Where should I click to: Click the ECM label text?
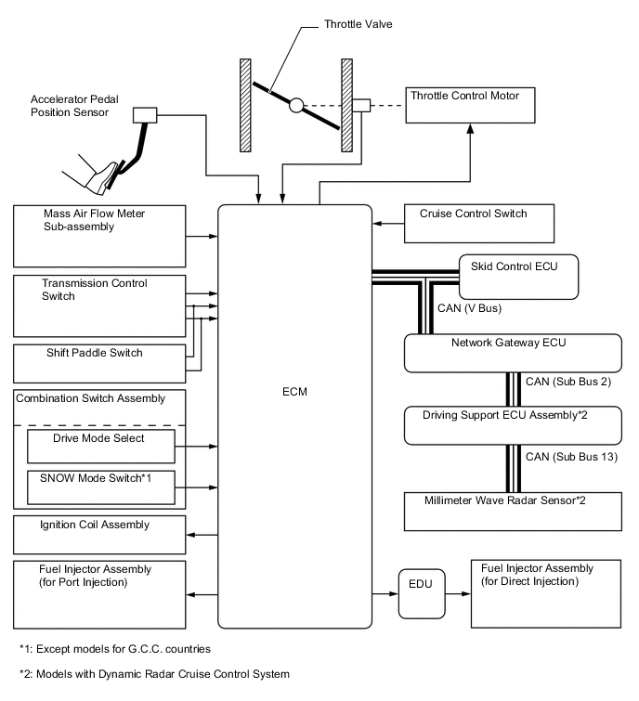[294, 392]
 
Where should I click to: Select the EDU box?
[422, 593]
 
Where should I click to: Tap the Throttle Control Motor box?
[470, 105]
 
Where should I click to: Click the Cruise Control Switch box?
[479, 224]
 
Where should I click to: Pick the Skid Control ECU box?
[518, 277]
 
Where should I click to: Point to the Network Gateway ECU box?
[513, 353]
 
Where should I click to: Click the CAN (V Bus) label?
[470, 308]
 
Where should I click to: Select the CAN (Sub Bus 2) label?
[568, 382]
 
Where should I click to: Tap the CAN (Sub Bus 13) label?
[571, 457]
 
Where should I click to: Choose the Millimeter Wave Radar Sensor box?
[513, 512]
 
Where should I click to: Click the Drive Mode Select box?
[101, 447]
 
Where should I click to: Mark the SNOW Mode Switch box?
[101, 487]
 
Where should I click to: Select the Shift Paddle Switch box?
[99, 363]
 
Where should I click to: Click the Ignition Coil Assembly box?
[99, 535]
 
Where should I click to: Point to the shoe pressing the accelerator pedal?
[102, 178]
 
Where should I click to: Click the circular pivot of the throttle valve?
[296, 106]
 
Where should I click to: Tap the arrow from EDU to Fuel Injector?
[458, 593]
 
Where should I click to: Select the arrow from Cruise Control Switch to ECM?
[388, 224]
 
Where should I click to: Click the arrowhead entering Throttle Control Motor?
[470, 129]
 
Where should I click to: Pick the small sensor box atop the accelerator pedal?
[145, 115]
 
